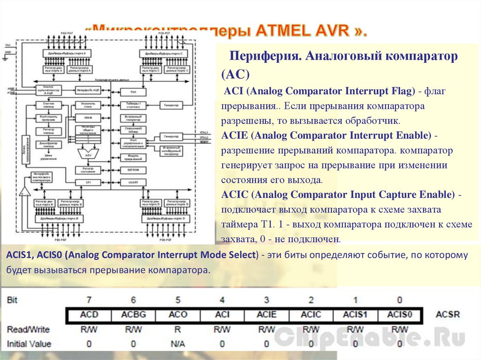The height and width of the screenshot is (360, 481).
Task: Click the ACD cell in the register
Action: (x=89, y=314)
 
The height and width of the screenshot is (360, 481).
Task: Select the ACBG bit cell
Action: (x=133, y=314)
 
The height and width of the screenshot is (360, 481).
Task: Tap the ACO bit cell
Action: (x=178, y=314)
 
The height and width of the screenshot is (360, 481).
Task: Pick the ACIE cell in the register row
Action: (x=266, y=314)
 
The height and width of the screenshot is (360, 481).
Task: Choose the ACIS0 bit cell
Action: (x=399, y=314)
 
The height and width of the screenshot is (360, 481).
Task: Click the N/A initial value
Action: (x=178, y=344)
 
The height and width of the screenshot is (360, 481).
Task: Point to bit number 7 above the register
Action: (x=89, y=299)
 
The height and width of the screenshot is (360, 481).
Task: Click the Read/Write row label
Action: (x=29, y=329)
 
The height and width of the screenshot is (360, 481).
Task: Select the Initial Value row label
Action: (x=29, y=344)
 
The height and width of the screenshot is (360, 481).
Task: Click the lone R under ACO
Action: (x=178, y=329)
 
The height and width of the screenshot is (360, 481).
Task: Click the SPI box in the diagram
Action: (x=88, y=182)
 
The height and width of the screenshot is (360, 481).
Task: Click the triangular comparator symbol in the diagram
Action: (x=24, y=191)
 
